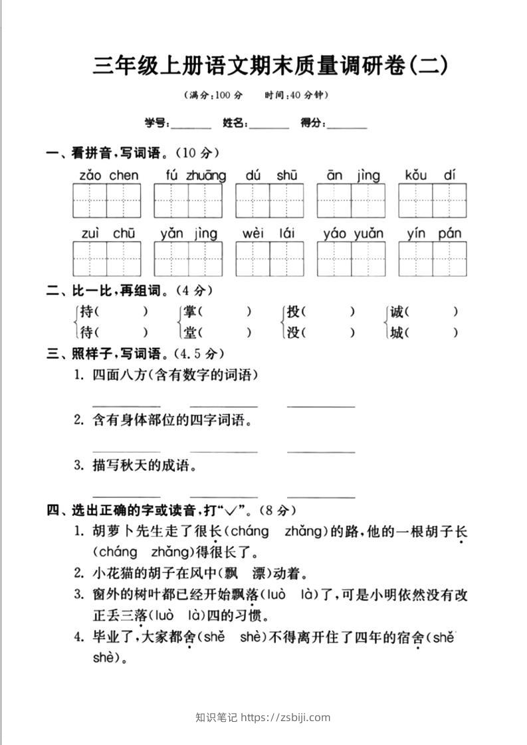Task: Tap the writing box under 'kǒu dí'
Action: coord(433,201)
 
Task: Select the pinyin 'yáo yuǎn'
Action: coord(354,233)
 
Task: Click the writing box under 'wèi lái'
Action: coord(270,258)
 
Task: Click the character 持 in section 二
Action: coord(86,311)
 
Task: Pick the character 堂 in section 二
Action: coord(191,333)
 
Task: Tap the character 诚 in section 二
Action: coord(397,311)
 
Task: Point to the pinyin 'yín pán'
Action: coord(433,233)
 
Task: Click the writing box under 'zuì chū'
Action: coord(107,258)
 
